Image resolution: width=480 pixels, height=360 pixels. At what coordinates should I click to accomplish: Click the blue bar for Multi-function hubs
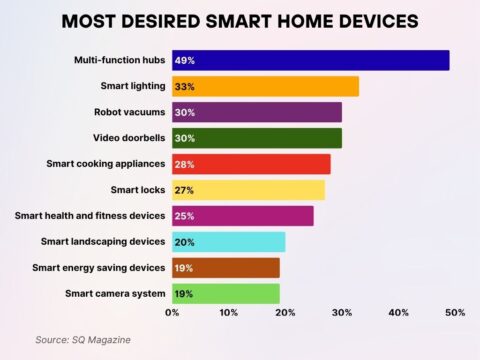pyautogui.click(x=310, y=60)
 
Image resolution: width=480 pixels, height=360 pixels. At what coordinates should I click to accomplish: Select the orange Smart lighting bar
pyautogui.click(x=265, y=86)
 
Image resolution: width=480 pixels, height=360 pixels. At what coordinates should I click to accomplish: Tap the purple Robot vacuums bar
pyautogui.click(x=256, y=112)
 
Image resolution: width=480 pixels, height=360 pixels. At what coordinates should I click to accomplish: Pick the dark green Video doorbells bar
pyautogui.click(x=256, y=138)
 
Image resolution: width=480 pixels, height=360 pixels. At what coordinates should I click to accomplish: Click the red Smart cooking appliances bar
pyautogui.click(x=251, y=164)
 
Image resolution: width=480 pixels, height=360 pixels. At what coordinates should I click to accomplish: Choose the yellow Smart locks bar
pyautogui.click(x=248, y=190)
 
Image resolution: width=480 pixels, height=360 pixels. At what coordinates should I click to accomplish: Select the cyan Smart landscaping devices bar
pyautogui.click(x=228, y=242)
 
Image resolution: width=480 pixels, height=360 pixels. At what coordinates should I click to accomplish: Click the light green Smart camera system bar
pyautogui.click(x=225, y=294)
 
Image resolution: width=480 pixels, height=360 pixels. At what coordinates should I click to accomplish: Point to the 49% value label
pyautogui.click(x=185, y=61)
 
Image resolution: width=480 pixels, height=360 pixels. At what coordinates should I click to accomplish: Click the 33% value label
pyautogui.click(x=185, y=87)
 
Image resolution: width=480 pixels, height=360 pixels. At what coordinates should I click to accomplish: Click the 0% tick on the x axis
pyautogui.click(x=172, y=314)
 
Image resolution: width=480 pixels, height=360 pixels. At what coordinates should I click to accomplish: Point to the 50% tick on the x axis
pyautogui.click(x=455, y=314)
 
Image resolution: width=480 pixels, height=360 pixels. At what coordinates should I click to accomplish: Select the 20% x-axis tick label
pyautogui.click(x=285, y=314)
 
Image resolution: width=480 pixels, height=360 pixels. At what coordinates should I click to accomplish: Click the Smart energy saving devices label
pyautogui.click(x=98, y=268)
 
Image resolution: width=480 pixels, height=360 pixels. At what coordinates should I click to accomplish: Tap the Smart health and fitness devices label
pyautogui.click(x=89, y=216)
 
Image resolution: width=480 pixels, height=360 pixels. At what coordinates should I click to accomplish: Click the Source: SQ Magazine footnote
pyautogui.click(x=82, y=340)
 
